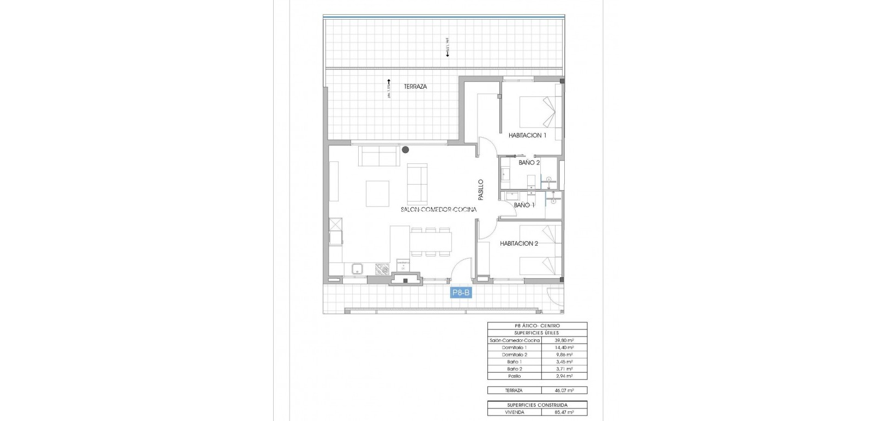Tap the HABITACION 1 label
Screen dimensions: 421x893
click(527, 135)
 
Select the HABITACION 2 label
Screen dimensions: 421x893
click(519, 243)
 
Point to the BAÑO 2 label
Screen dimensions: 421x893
click(529, 162)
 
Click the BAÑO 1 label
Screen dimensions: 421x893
click(524, 205)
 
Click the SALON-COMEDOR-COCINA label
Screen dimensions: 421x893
click(439, 209)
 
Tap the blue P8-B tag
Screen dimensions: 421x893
click(460, 292)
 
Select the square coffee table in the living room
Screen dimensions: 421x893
click(377, 193)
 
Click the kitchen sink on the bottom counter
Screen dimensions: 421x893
click(358, 268)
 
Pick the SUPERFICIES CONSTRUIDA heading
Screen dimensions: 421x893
click(537, 405)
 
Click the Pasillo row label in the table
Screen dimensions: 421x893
click(515, 376)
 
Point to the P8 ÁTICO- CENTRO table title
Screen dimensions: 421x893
click(537, 326)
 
